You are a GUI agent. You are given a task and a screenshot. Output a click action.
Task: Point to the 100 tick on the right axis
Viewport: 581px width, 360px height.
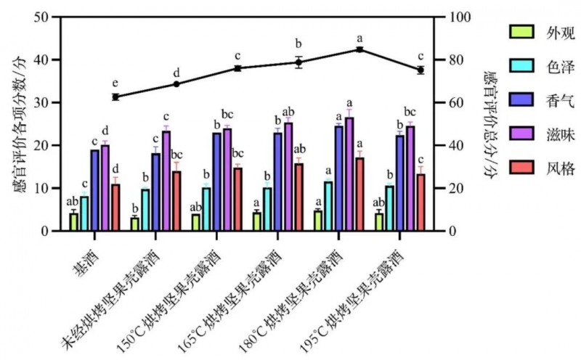[x=454, y=17]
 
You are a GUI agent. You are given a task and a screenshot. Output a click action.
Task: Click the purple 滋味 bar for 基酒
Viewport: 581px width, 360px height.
[x=105, y=188]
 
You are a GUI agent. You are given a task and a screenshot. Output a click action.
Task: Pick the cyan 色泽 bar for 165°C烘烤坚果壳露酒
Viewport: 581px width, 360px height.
[x=267, y=209]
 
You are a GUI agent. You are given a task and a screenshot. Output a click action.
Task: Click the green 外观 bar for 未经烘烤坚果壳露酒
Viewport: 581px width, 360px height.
[x=134, y=224]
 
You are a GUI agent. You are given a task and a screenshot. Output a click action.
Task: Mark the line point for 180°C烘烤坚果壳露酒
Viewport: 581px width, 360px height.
[x=359, y=49]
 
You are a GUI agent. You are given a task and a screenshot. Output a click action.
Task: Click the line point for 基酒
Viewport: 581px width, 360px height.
[x=115, y=97]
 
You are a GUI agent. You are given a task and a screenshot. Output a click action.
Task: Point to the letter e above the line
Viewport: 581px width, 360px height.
[x=114, y=83]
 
